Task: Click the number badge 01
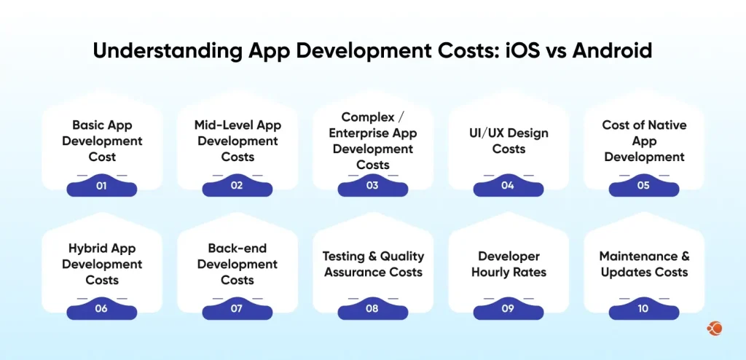pos(101,186)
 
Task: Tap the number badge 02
pos(237,186)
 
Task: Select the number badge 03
pos(372,186)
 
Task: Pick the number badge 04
pos(508,186)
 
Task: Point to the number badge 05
pos(643,186)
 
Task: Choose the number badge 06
pos(101,308)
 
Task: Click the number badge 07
pos(237,308)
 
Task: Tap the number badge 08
pos(372,308)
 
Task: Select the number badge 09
pos(508,308)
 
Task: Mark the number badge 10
pos(643,308)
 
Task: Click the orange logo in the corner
pos(714,329)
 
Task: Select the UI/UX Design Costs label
pos(509,141)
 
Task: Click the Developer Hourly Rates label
pos(509,264)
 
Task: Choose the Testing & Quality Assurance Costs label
pos(373,264)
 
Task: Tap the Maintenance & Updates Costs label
pos(644,264)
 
